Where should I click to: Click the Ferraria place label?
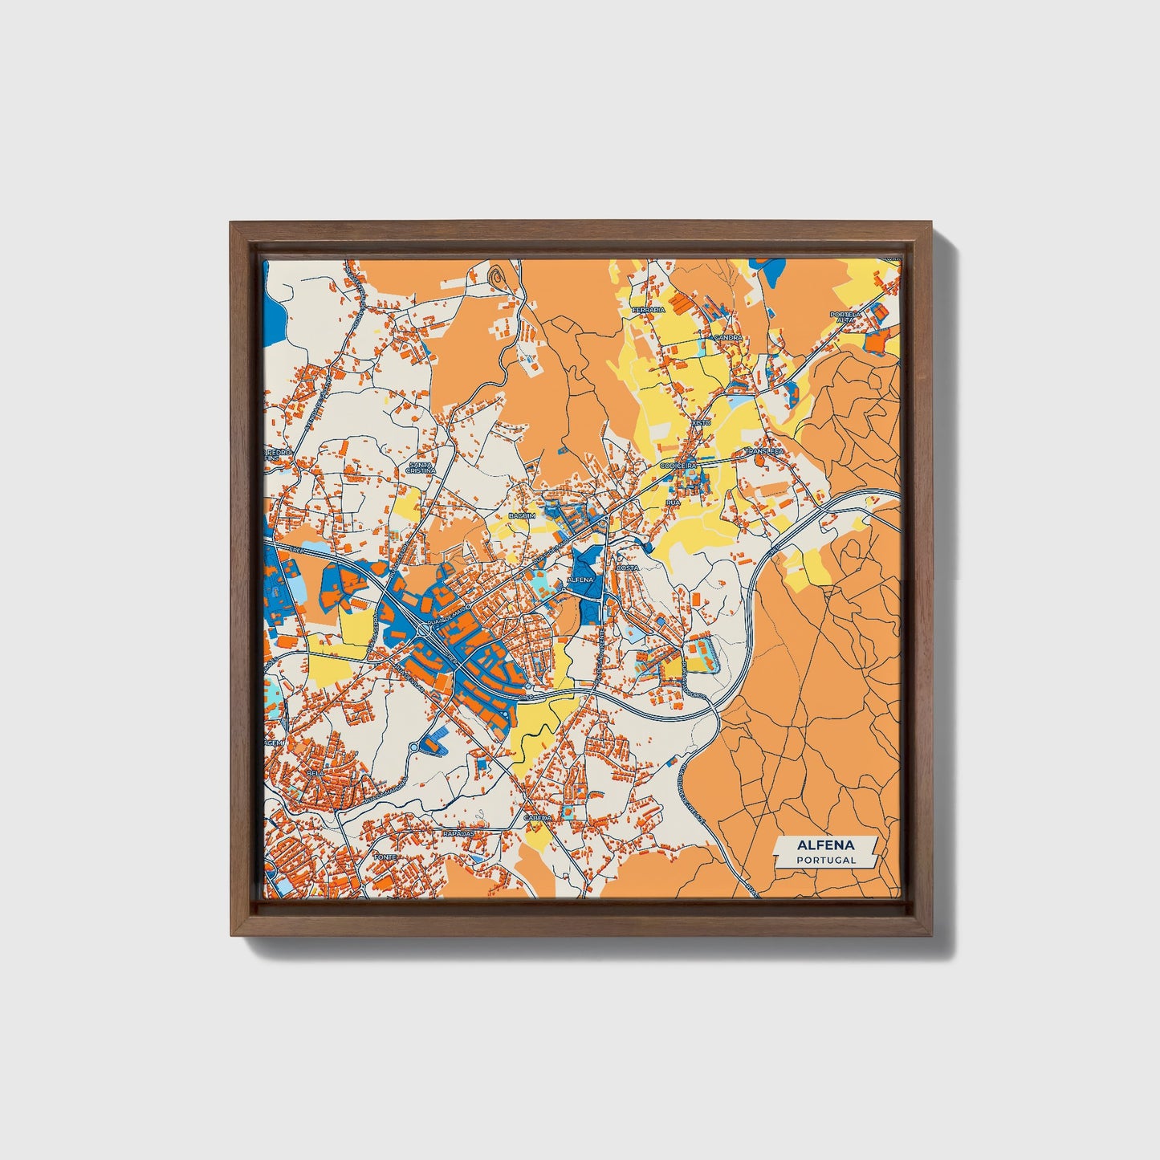tap(649, 310)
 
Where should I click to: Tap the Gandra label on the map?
tap(727, 338)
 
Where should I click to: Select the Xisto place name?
tap(700, 422)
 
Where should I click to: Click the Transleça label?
tap(763, 452)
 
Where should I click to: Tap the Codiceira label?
tap(679, 465)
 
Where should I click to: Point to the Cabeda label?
tap(537, 817)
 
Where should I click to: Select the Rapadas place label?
tap(459, 833)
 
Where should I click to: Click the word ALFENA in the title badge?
tap(825, 845)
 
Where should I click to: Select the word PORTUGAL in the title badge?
tap(825, 860)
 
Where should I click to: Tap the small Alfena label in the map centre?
tap(580, 579)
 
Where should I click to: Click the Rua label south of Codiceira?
tap(673, 502)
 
